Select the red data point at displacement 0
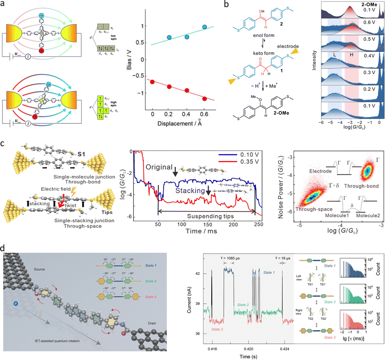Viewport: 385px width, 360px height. [153, 82]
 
